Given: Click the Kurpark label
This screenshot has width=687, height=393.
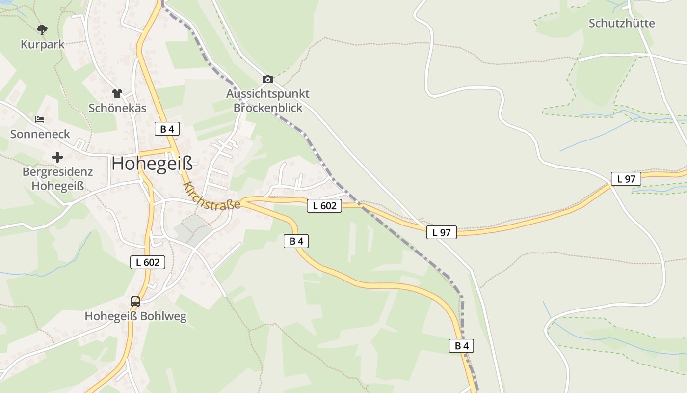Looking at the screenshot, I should pyautogui.click(x=42, y=44).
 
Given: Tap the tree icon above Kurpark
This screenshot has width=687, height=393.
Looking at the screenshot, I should pyautogui.click(x=42, y=30).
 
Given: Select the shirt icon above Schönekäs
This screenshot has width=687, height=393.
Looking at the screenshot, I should pyautogui.click(x=117, y=93).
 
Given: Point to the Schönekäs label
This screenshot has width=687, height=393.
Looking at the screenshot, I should pyautogui.click(x=117, y=108).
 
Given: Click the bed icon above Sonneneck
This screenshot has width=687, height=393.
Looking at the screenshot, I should pyautogui.click(x=40, y=119).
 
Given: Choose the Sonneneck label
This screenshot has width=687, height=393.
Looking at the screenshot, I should pyautogui.click(x=40, y=134).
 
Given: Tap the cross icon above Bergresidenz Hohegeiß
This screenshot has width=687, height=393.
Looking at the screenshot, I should pyautogui.click(x=57, y=157).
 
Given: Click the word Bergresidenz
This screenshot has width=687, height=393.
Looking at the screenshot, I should pyautogui.click(x=57, y=172).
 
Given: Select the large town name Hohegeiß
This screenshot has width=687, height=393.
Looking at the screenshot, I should pyautogui.click(x=152, y=164).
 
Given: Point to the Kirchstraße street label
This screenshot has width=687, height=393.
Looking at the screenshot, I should pyautogui.click(x=211, y=196).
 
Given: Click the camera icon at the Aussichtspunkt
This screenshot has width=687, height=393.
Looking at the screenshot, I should pyautogui.click(x=267, y=79).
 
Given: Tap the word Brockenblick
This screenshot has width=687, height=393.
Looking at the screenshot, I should pyautogui.click(x=268, y=108).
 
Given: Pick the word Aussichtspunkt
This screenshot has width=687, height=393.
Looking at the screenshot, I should pyautogui.click(x=268, y=93).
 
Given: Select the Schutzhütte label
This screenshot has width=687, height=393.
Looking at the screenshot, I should pyautogui.click(x=622, y=23).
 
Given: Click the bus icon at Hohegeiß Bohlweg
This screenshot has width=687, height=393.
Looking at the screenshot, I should pyautogui.click(x=135, y=302).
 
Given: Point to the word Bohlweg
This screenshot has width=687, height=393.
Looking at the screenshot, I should pyautogui.click(x=163, y=316).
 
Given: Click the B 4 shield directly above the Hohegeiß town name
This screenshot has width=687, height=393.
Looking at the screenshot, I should pyautogui.click(x=167, y=129).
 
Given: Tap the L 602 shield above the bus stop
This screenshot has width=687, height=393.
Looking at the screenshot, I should pyautogui.click(x=148, y=262).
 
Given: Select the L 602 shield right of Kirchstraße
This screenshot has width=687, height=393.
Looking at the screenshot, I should pyautogui.click(x=324, y=206).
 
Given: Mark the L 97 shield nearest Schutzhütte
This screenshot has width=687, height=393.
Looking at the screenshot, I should pyautogui.click(x=626, y=179).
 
